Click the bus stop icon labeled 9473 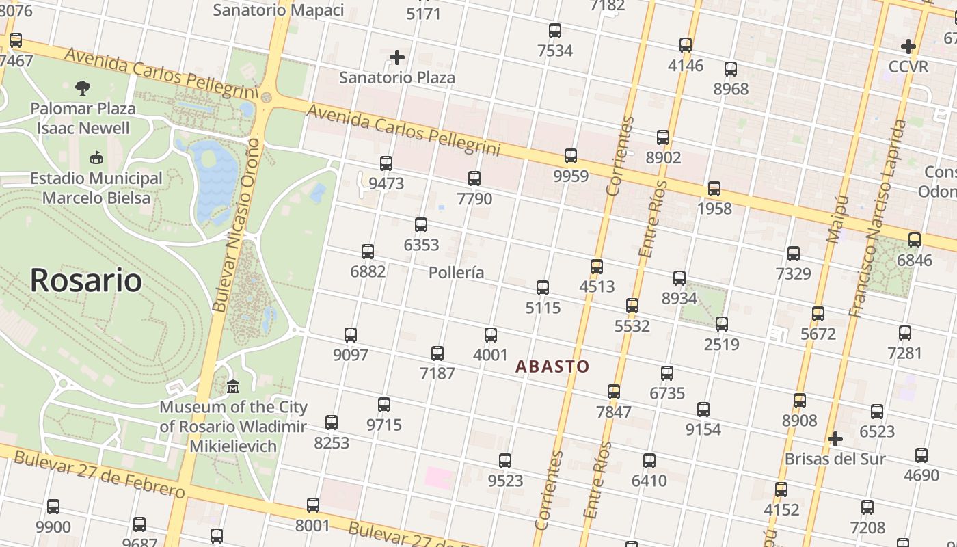pos(386,163)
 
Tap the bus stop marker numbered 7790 pos(474,178)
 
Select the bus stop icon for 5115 pos(543,287)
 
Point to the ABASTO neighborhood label pos(552,366)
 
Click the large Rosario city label pos(86,280)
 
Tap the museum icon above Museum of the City pos(233,387)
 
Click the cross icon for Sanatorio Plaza pos(397,57)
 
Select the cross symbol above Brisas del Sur pos(835,438)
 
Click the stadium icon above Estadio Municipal pos(96,158)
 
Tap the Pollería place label pos(456,273)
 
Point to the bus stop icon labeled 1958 pos(714,189)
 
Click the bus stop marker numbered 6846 pos(915,240)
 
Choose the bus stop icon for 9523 pos(505,461)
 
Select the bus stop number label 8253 pos(332,443)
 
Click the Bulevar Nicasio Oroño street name pos(237,226)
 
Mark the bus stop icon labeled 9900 pos(53,507)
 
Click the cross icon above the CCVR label pos(908,46)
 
